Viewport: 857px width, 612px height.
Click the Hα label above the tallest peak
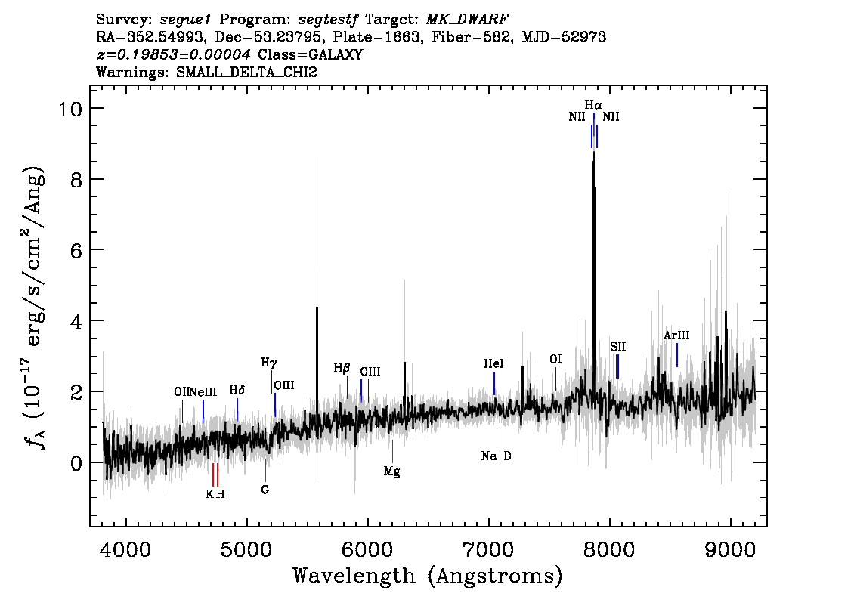(593, 105)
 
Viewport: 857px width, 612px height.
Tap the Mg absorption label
(392, 471)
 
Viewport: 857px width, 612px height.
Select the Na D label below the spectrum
(497, 456)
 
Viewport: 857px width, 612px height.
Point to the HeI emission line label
(493, 364)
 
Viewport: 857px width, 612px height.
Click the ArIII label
(676, 335)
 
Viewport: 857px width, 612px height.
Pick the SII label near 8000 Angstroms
(618, 347)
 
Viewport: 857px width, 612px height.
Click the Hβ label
(342, 368)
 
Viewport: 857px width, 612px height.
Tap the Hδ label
(237, 390)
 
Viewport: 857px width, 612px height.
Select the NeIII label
(203, 392)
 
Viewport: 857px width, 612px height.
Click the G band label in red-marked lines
(265, 490)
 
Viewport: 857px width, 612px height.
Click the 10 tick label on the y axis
(71, 109)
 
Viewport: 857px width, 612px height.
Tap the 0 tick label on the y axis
(76, 463)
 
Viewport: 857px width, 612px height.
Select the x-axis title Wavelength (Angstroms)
(428, 576)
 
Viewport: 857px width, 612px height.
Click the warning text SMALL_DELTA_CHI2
(246, 72)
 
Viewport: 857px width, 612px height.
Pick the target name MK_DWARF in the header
(467, 20)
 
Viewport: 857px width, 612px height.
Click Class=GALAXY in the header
(311, 54)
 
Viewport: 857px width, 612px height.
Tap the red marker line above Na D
(497, 437)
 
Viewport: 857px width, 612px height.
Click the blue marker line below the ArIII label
(676, 355)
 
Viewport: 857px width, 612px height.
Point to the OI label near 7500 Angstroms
(555, 360)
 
